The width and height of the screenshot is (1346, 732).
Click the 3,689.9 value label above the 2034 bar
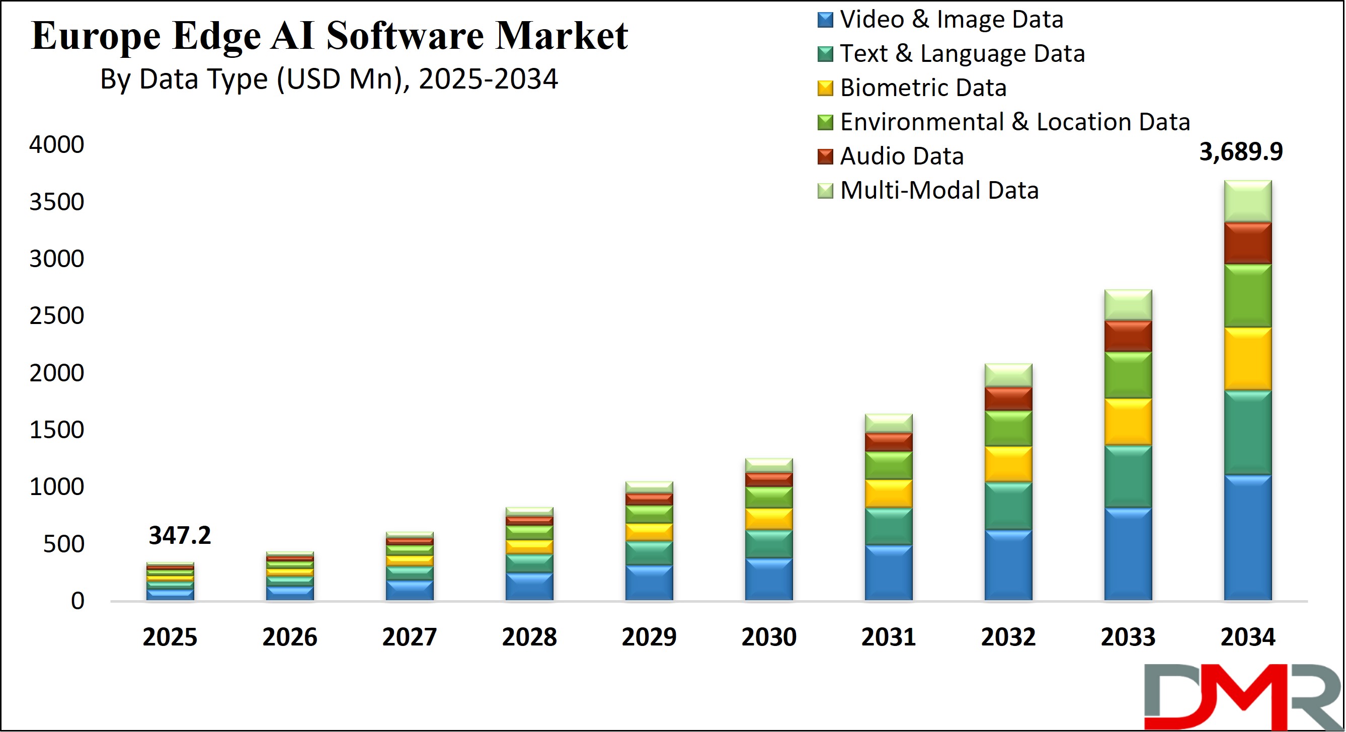pyautogui.click(x=1240, y=152)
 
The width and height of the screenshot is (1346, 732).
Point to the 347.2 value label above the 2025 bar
pyautogui.click(x=180, y=536)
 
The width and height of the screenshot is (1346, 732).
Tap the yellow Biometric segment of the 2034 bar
pyautogui.click(x=1248, y=359)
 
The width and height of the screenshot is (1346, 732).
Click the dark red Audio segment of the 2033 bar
pyautogui.click(x=1128, y=336)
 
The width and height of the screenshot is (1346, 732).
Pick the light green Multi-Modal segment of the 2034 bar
pyautogui.click(x=1248, y=201)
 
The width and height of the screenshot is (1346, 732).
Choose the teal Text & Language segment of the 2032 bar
pyautogui.click(x=1008, y=506)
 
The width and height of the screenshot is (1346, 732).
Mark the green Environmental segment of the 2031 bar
pyautogui.click(x=888, y=465)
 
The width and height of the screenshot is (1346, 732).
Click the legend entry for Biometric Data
pyautogui.click(x=922, y=88)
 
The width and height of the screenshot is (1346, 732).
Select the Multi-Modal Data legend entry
pyautogui.click(x=938, y=190)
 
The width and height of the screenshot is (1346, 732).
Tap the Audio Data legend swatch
pyautogui.click(x=825, y=157)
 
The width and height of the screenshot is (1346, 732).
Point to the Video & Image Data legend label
pyautogui.click(x=951, y=19)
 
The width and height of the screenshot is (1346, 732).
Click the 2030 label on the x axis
pyautogui.click(x=769, y=637)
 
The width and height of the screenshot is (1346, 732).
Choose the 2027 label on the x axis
pyautogui.click(x=409, y=637)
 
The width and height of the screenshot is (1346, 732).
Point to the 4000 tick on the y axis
pyautogui.click(x=56, y=144)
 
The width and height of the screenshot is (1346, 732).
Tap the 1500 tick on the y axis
pyautogui.click(x=56, y=430)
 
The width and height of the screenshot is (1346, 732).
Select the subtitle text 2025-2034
pyautogui.click(x=488, y=79)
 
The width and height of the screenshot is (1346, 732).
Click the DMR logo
pyautogui.click(x=1242, y=696)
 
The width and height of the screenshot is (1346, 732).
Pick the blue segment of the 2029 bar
pyautogui.click(x=649, y=582)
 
